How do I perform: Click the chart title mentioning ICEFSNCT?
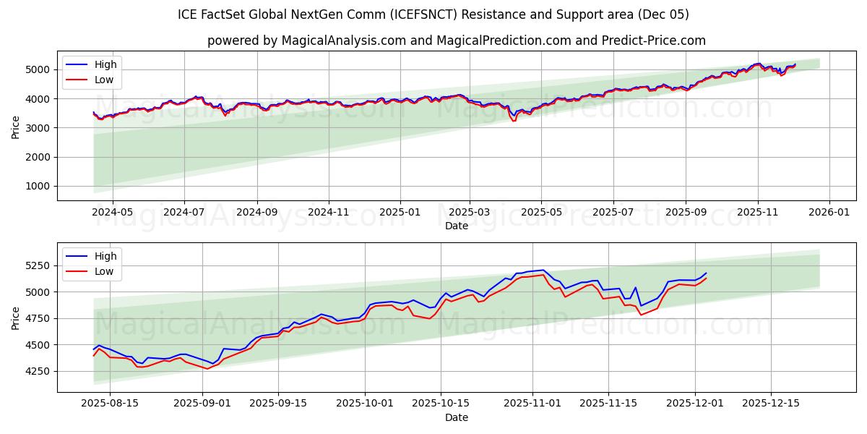pyautogui.click(x=433, y=14)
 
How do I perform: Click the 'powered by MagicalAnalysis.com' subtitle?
pyautogui.click(x=456, y=41)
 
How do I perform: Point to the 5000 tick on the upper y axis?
pyautogui.click(x=40, y=69)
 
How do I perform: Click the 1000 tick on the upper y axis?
pyautogui.click(x=40, y=186)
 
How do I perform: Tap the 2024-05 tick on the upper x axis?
pyautogui.click(x=113, y=212)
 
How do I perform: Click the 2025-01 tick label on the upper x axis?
pyautogui.click(x=400, y=212)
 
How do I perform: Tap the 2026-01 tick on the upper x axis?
pyautogui.click(x=829, y=212)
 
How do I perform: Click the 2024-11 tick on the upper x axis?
pyautogui.click(x=329, y=212)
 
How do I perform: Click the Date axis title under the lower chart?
pyautogui.click(x=456, y=417)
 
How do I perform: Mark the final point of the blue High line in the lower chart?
pyautogui.click(x=706, y=273)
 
